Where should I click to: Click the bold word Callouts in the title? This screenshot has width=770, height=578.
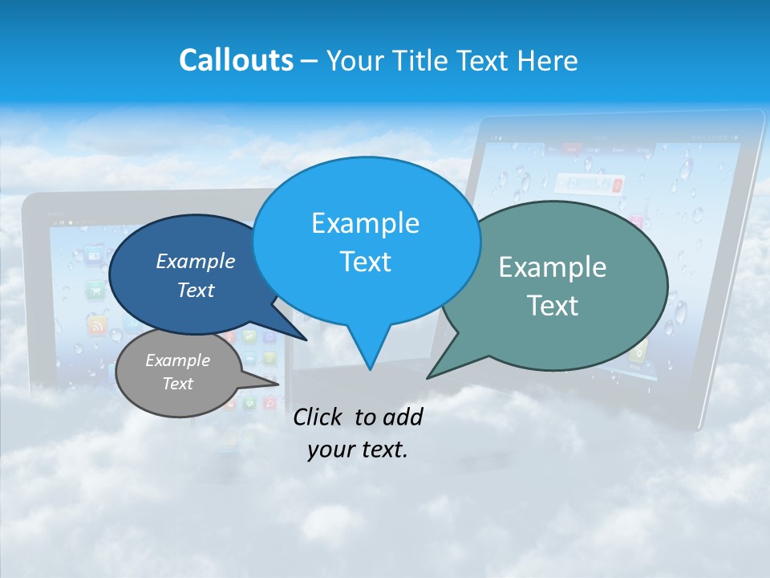[x=236, y=60]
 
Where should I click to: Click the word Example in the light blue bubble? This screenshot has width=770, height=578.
[x=365, y=223]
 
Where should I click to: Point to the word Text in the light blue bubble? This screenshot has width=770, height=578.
[x=365, y=262]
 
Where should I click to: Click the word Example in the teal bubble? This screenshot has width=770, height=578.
[x=553, y=267]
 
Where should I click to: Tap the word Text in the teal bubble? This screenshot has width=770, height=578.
[x=553, y=306]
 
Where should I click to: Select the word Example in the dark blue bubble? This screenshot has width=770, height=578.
[x=196, y=261]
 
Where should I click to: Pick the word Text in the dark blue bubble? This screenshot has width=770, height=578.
[x=196, y=290]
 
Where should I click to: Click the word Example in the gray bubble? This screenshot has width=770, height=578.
[x=177, y=360]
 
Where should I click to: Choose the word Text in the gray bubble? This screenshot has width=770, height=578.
[x=177, y=384]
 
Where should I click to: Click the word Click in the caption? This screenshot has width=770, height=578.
[x=319, y=417]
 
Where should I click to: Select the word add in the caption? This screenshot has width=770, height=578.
[x=404, y=417]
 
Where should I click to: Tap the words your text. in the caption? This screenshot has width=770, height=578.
[x=357, y=450]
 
